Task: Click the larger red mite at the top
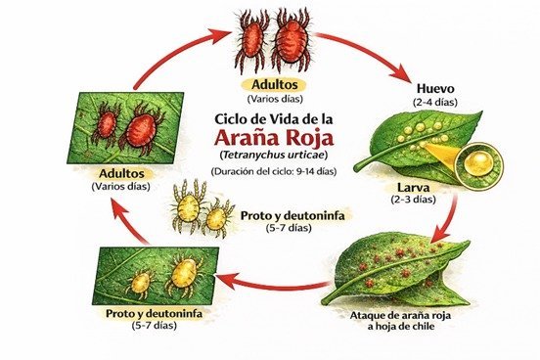pyautogui.click(x=290, y=40)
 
